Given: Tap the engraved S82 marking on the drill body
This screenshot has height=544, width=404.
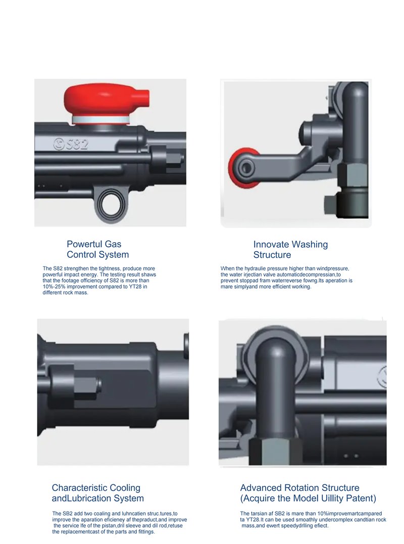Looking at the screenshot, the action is [71, 144].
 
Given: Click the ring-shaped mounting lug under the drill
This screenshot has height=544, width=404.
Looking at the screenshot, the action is [110, 204].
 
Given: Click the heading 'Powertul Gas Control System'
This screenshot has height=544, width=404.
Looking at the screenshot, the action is [97, 249].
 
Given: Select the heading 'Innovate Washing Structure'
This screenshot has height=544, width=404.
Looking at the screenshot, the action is [290, 249].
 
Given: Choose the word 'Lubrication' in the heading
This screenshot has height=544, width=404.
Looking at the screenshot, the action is [96, 498].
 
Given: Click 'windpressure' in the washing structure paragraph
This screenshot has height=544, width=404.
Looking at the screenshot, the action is [333, 268].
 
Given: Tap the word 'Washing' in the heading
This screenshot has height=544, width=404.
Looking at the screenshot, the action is [310, 245].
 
